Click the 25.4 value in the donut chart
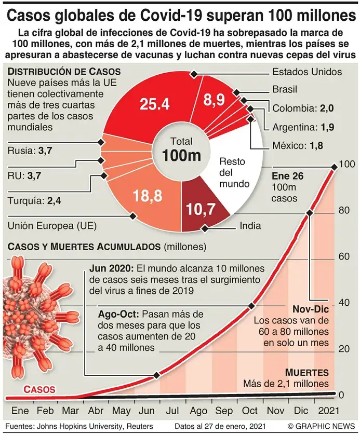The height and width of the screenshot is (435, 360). (154, 104)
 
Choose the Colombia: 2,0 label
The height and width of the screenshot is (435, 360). (295, 108)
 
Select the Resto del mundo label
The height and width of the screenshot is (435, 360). (234, 172)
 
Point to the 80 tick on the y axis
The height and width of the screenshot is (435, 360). (342, 211)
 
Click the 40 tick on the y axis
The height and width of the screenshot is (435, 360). (342, 303)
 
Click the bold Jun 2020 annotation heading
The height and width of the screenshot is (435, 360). (111, 269)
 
